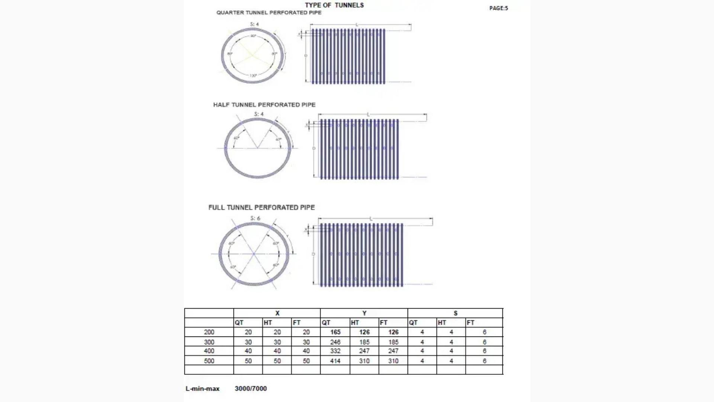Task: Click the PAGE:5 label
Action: (x=498, y=8)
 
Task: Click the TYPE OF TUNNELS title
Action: (x=334, y=5)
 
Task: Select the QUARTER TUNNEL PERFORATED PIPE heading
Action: (x=269, y=13)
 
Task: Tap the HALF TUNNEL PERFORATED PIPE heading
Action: (x=264, y=105)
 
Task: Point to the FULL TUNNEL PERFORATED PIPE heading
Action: (x=261, y=207)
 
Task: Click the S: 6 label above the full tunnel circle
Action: (x=255, y=218)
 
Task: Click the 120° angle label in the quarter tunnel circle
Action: (x=253, y=76)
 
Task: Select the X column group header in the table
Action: (x=277, y=313)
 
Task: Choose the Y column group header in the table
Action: (x=364, y=313)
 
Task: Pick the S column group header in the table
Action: (x=455, y=313)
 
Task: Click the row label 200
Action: (x=209, y=332)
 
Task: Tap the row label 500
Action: (x=209, y=361)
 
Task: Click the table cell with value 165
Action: (x=335, y=332)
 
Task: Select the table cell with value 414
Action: (x=335, y=361)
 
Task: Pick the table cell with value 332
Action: (x=335, y=351)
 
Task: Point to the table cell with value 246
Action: (x=335, y=342)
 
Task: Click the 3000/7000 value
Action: (x=251, y=389)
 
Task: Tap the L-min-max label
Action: (x=203, y=389)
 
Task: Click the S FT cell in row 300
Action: (x=484, y=342)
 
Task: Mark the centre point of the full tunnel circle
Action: (x=254, y=254)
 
